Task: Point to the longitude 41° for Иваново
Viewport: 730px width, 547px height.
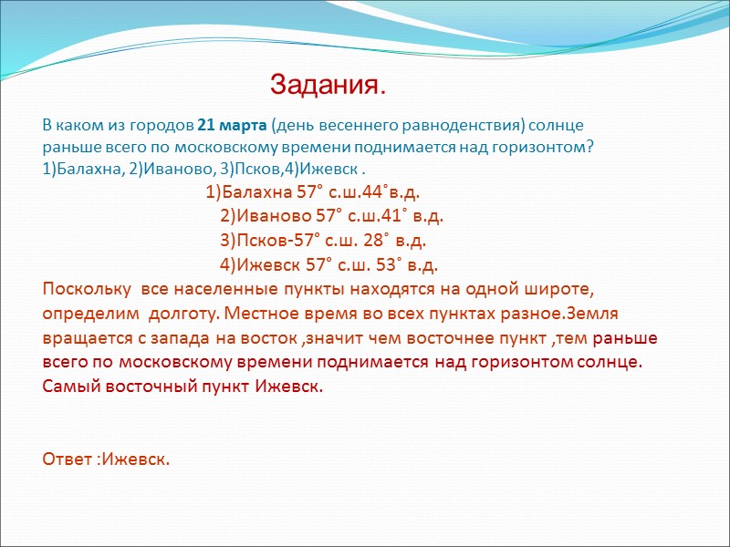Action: coord(393,217)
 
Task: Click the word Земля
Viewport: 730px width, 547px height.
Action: coord(593,314)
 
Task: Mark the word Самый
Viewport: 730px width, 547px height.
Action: coord(69,385)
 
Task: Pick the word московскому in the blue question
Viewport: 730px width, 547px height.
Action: coord(203,147)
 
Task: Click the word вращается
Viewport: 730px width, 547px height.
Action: coord(83,338)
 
